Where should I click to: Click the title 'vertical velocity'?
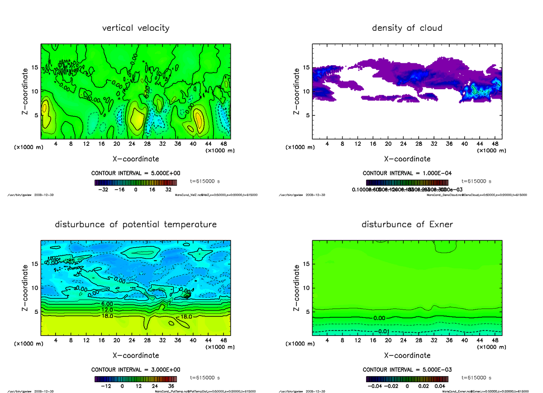[136, 28]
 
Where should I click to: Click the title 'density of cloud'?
[407, 28]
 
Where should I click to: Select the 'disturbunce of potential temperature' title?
[136, 225]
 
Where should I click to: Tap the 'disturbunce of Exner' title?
[407, 225]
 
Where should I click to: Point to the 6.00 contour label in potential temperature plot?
[107, 304]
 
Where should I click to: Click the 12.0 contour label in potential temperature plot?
[107, 310]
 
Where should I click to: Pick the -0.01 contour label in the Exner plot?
[383, 331]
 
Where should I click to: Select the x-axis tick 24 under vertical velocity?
[132, 144]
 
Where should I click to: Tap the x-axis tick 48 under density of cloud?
[495, 144]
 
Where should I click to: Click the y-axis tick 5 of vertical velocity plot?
[35, 115]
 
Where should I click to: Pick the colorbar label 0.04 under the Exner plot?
[440, 386]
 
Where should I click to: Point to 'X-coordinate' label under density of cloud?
[407, 159]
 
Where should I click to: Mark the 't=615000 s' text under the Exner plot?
[476, 378]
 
